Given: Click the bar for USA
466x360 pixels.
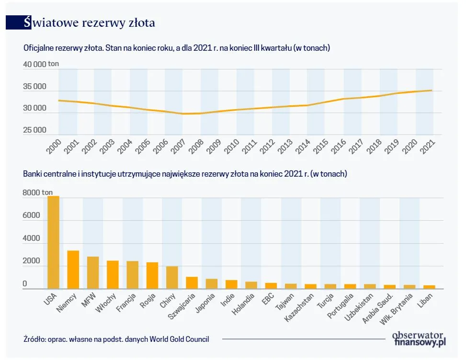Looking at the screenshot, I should (x=53, y=242).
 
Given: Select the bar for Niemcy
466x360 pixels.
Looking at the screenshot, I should (x=73, y=270).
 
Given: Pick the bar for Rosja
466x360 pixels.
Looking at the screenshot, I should (x=152, y=275).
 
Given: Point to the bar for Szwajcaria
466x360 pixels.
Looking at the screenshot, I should (x=192, y=282).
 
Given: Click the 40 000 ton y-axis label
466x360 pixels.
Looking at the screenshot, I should (x=40, y=64).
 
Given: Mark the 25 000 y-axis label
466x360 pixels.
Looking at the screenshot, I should (x=34, y=130).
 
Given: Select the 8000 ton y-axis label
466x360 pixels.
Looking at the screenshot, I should (x=38, y=193).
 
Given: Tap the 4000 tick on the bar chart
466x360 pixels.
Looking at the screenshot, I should (x=31, y=239).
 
